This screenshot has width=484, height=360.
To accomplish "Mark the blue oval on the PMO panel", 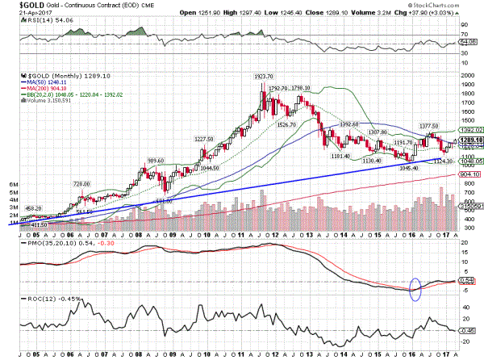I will pos(415,287).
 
